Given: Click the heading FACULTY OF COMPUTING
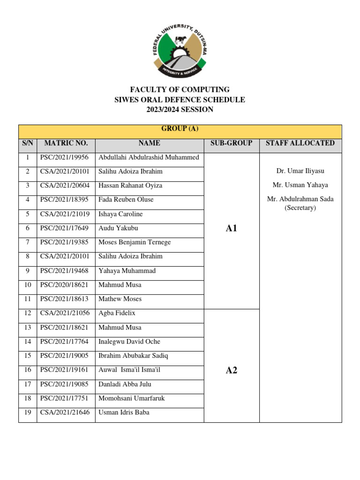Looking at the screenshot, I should point(180,90).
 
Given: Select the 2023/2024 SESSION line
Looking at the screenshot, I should point(180,110).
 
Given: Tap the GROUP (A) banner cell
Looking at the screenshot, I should point(180,129).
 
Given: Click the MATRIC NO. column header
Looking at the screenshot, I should point(66,143).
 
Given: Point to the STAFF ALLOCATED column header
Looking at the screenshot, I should point(300,143).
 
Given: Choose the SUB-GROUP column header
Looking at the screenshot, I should point(232,143).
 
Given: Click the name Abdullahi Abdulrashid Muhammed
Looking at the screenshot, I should point(149,157).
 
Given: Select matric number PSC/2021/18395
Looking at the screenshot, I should point(66,200).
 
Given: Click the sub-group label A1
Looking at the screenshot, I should point(232,228).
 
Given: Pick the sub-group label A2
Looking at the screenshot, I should point(232,370).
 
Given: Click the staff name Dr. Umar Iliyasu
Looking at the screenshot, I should point(300,172).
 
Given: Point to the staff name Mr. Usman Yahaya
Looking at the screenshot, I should point(300,185).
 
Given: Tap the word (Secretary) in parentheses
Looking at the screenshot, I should point(300,208).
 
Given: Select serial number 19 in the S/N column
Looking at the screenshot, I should point(28,412).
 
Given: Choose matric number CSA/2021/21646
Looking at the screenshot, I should point(66,412).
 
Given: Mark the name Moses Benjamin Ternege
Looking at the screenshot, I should point(135,242).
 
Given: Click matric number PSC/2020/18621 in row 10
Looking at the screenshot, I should point(66,285).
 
